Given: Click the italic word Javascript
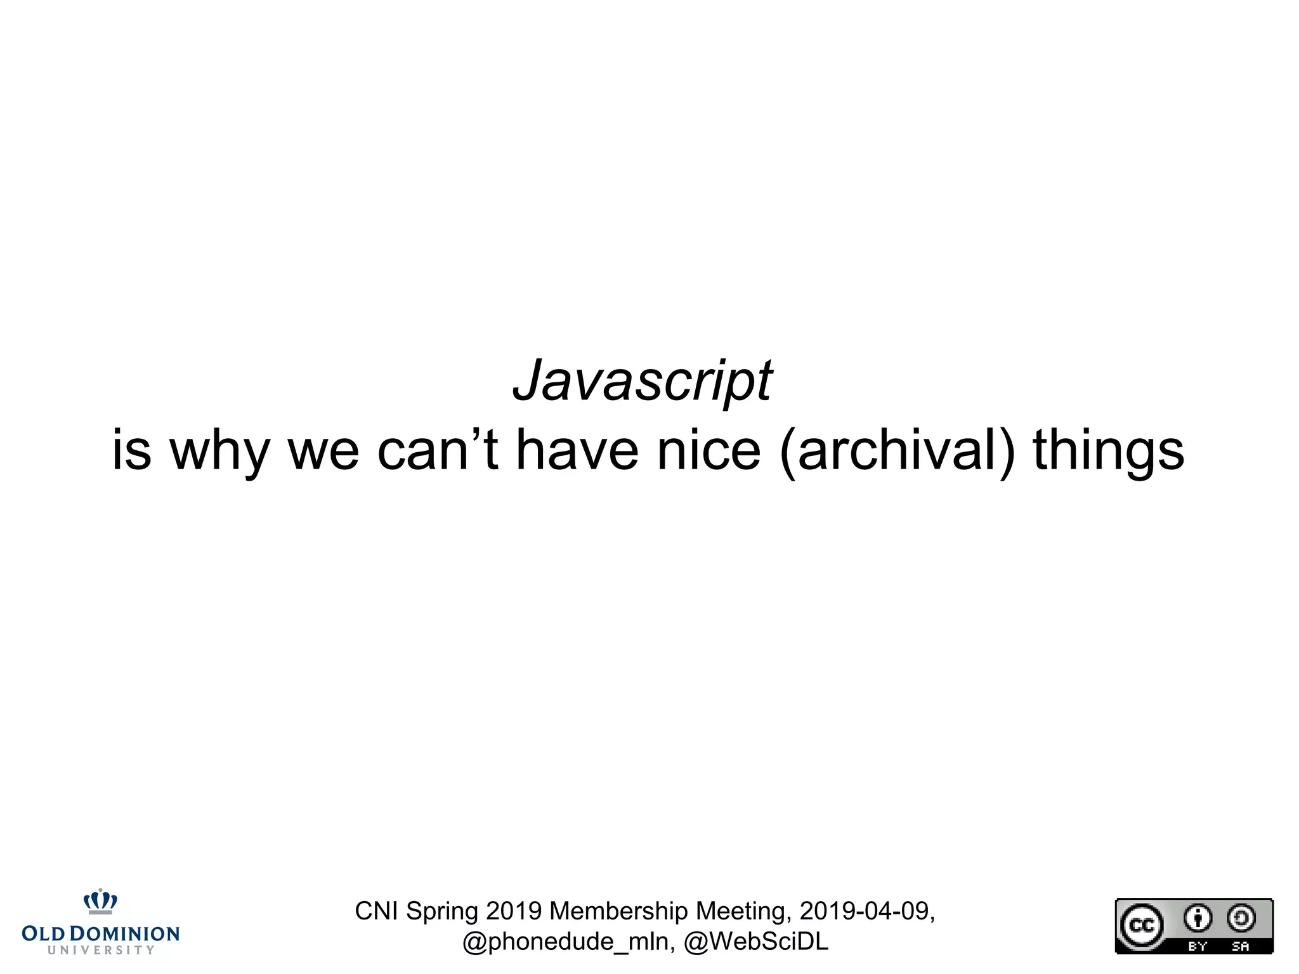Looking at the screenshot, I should (642, 380).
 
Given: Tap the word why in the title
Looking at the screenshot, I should (219, 451).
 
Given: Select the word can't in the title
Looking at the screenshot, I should (437, 450).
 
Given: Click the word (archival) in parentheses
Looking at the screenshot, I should (897, 451).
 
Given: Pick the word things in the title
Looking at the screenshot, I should (1108, 451).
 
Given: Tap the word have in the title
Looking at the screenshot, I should (577, 450).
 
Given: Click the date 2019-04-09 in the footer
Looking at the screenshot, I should (866, 911).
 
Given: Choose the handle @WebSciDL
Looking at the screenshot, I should (756, 942).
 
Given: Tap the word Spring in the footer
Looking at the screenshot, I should (442, 912).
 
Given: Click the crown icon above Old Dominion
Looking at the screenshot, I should (100, 901).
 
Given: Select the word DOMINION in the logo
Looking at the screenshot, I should (124, 934).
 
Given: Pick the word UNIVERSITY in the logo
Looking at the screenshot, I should (101, 950).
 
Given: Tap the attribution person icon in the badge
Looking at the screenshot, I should (1198, 918).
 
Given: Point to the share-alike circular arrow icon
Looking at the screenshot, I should (1241, 918).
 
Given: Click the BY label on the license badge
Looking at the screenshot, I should (1198, 946).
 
